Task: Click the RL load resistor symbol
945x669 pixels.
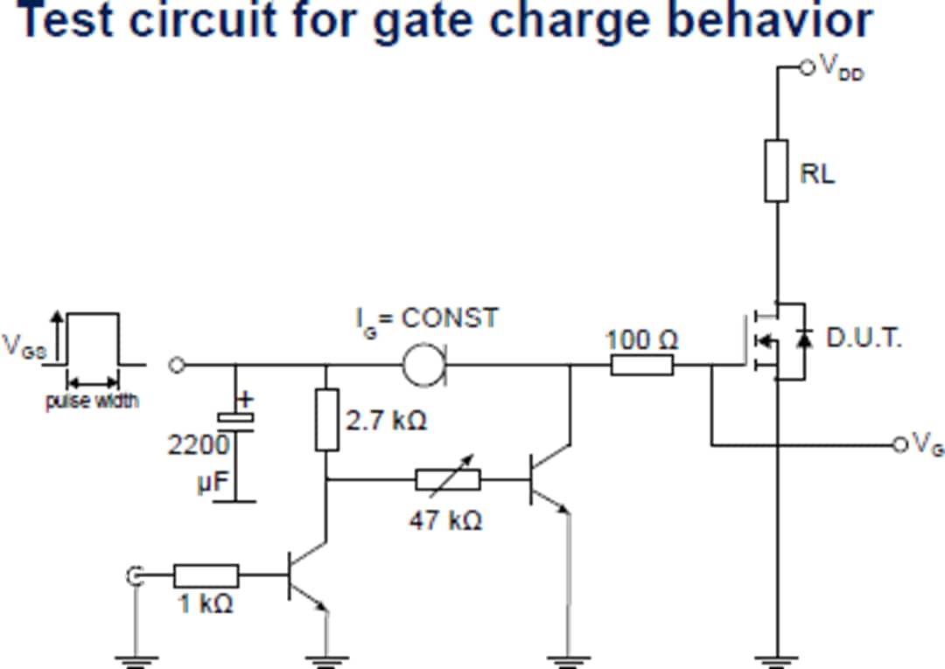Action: [x=776, y=171]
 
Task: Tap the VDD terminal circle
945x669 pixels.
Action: [x=807, y=66]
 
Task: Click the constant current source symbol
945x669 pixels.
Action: [x=425, y=365]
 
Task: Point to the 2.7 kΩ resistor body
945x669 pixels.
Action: [x=326, y=421]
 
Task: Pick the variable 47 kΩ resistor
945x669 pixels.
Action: [x=448, y=479]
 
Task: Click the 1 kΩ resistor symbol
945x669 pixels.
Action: [x=206, y=575]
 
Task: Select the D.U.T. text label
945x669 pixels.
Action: [x=864, y=338]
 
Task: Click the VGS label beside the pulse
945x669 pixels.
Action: [x=24, y=345]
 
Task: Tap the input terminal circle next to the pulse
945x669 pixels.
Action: [x=177, y=366]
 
